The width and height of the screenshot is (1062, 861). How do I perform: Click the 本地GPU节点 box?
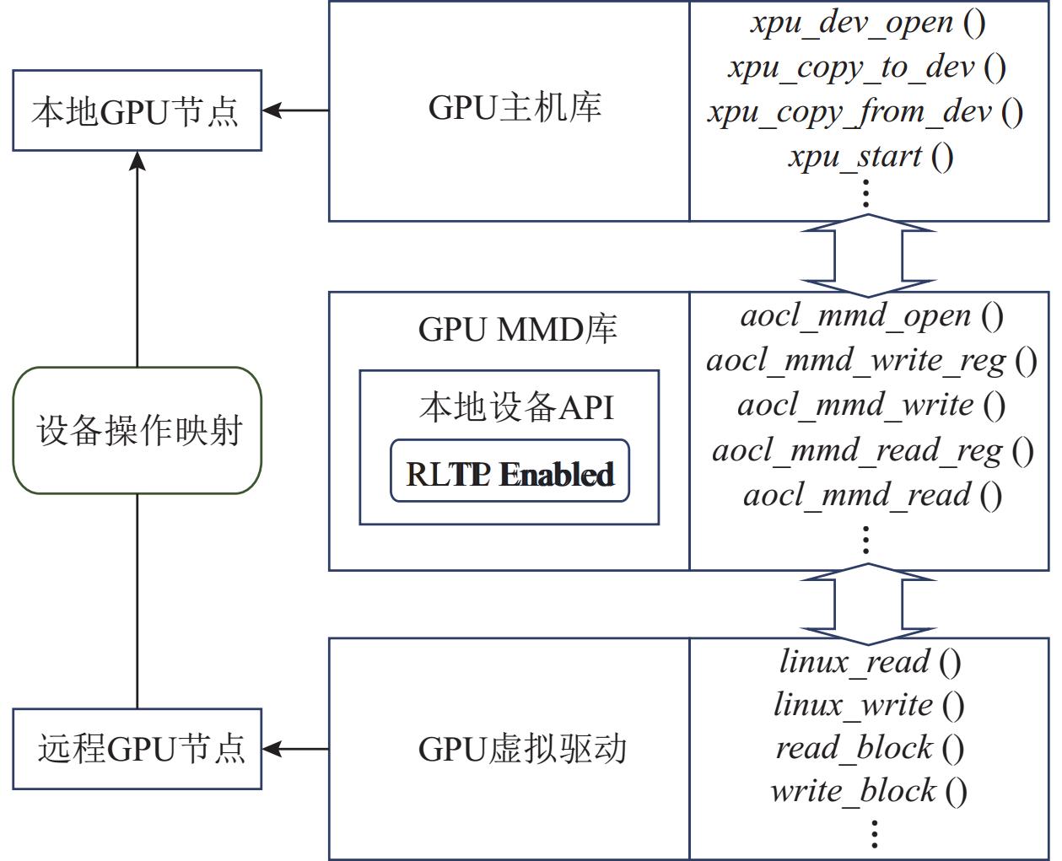(137, 110)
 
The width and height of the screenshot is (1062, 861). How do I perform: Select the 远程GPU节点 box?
(137, 749)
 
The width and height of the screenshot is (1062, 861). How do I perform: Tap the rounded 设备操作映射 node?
(137, 430)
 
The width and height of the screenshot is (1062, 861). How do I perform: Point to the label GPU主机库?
(515, 108)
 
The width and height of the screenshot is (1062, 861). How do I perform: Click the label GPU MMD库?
(517, 329)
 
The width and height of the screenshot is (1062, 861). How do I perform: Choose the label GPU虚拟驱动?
(522, 749)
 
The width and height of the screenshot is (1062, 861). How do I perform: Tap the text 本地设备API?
(516, 407)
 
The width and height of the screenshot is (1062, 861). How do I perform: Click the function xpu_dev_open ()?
(868, 23)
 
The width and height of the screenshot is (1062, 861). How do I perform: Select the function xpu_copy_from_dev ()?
(865, 112)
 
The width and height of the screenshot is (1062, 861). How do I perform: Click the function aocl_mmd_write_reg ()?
(871, 361)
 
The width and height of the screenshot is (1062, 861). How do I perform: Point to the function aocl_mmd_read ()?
(872, 495)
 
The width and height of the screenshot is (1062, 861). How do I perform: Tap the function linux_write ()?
(869, 705)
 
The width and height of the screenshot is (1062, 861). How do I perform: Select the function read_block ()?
(870, 748)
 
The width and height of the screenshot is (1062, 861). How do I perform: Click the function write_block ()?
(868, 791)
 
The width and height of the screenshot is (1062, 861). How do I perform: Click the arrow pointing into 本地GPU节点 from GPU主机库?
(295, 110)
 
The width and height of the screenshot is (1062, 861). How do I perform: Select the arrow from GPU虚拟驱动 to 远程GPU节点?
(295, 749)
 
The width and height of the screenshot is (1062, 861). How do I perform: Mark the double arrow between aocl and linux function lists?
(868, 604)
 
